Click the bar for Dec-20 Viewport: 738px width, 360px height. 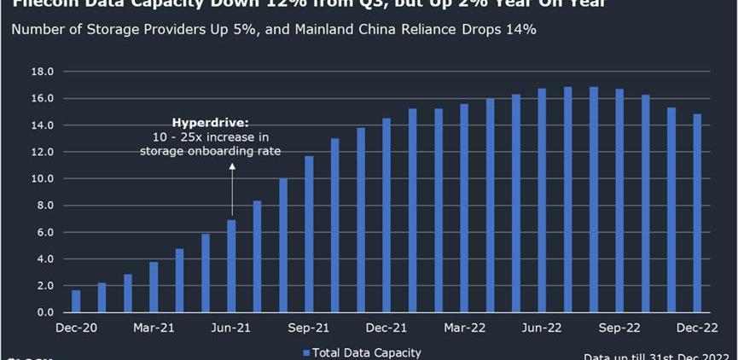(x=76, y=301)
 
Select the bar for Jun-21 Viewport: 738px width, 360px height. (x=231, y=266)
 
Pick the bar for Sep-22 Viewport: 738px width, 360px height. (x=619, y=200)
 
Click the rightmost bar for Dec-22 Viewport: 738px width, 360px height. (x=697, y=213)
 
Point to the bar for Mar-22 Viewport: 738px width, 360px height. (x=464, y=208)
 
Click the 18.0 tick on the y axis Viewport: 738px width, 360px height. (x=42, y=72)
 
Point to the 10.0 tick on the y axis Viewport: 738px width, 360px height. (x=42, y=179)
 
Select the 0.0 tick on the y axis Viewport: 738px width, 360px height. (x=45, y=313)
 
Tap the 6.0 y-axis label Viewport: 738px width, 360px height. (x=45, y=233)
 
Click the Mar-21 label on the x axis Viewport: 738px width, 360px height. (x=154, y=328)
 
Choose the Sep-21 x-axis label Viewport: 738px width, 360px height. (x=309, y=328)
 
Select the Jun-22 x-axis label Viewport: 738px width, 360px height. (x=542, y=328)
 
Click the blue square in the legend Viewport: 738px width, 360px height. (x=306, y=352)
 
